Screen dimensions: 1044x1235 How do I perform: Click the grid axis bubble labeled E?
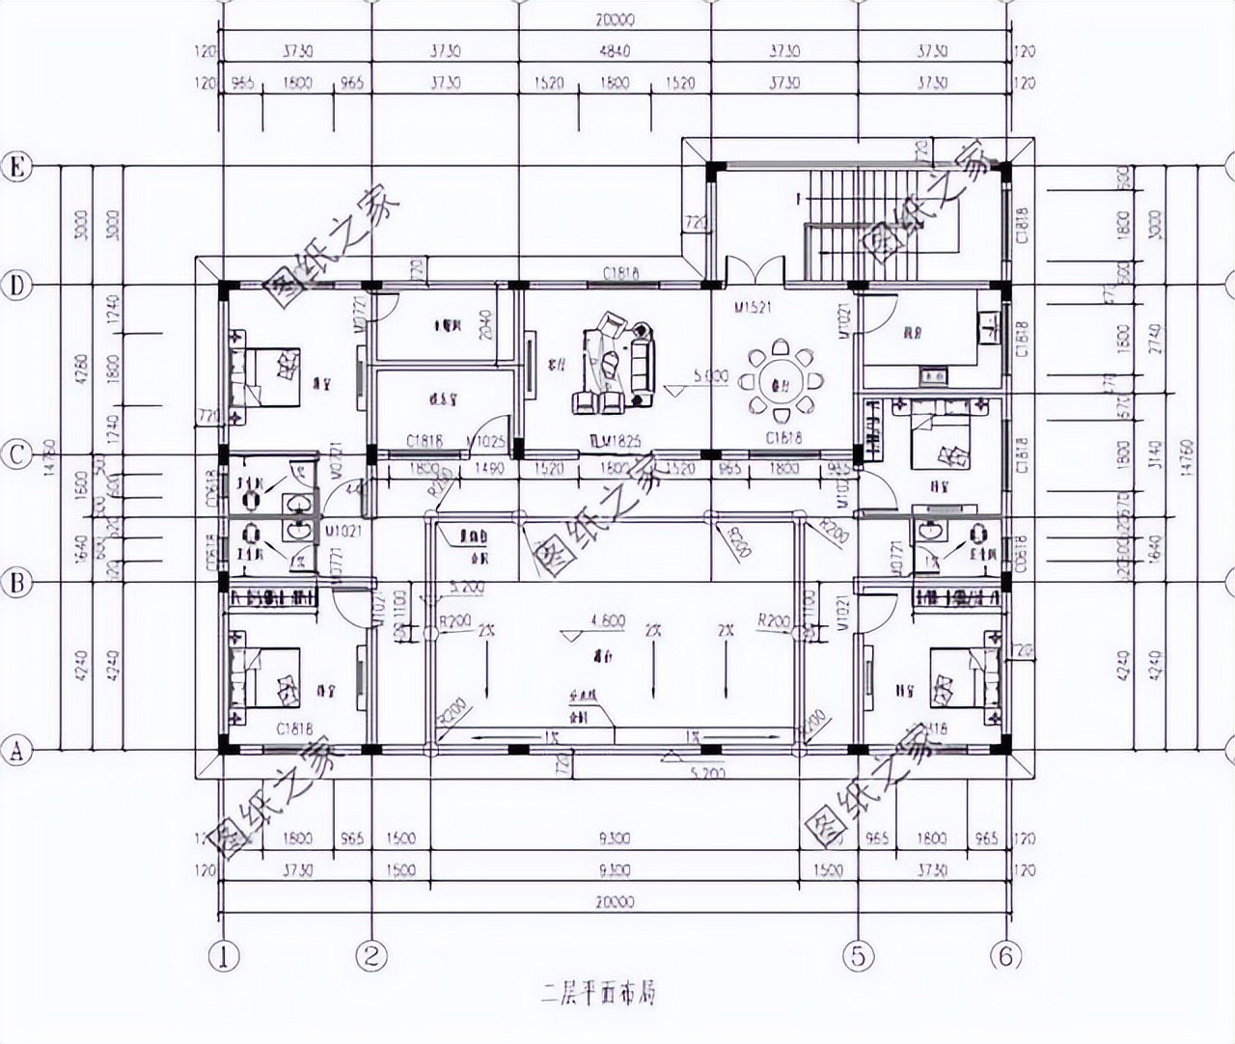(15, 167)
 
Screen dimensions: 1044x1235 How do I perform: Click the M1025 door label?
(485, 441)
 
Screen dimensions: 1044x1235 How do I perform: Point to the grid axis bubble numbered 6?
(1005, 955)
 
